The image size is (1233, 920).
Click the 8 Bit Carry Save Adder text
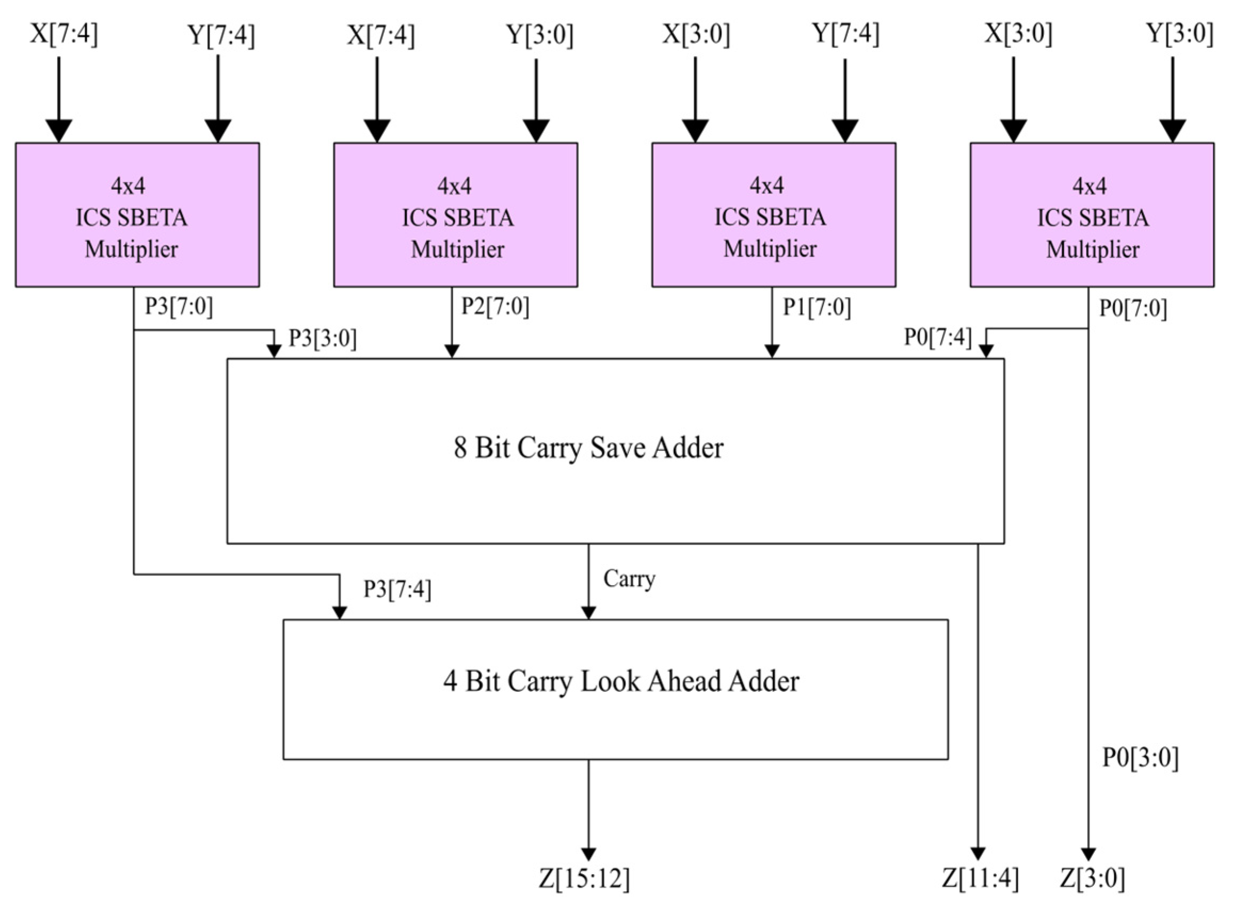588,448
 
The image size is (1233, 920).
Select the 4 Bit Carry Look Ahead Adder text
620,681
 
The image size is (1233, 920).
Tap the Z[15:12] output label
584,879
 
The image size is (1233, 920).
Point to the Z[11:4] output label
980,879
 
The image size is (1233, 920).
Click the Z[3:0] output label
1092,879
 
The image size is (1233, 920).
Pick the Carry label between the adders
628,579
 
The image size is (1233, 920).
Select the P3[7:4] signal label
397,588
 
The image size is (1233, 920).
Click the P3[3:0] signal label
322,338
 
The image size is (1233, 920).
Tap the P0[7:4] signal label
937,337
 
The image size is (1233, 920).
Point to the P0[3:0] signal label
1140,758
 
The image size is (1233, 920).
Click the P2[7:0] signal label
495,306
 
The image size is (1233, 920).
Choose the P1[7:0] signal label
817,307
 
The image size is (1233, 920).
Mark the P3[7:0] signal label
179,306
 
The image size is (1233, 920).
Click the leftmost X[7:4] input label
63,35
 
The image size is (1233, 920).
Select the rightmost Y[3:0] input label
1180,35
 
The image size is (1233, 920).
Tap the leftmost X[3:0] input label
696,35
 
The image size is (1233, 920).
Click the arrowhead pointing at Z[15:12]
588,854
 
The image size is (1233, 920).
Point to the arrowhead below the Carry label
588,612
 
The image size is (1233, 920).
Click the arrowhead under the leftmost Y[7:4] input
217,132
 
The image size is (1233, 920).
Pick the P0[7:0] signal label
1133,308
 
